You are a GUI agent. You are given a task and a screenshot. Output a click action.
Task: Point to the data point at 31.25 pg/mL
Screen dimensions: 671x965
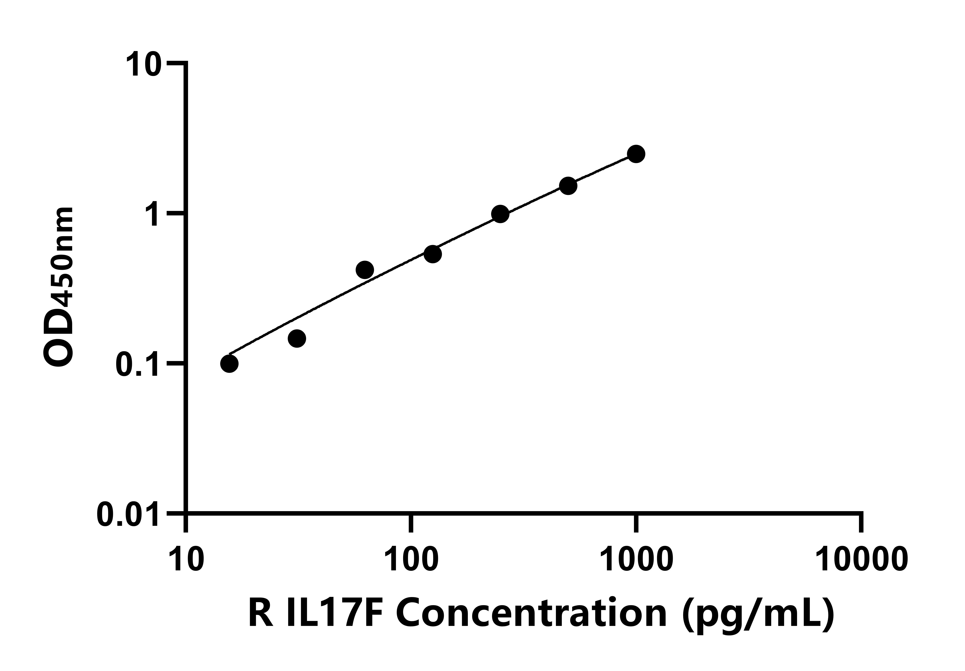(x=297, y=338)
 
